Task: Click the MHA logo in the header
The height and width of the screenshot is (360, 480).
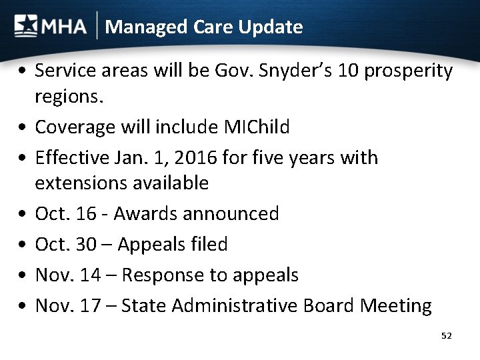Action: click(x=50, y=27)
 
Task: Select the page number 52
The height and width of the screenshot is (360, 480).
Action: click(x=446, y=336)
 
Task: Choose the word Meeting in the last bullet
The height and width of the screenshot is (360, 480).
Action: click(x=396, y=307)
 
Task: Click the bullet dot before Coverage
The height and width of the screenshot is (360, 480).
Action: click(x=23, y=127)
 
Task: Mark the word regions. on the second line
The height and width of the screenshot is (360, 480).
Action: click(x=69, y=98)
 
